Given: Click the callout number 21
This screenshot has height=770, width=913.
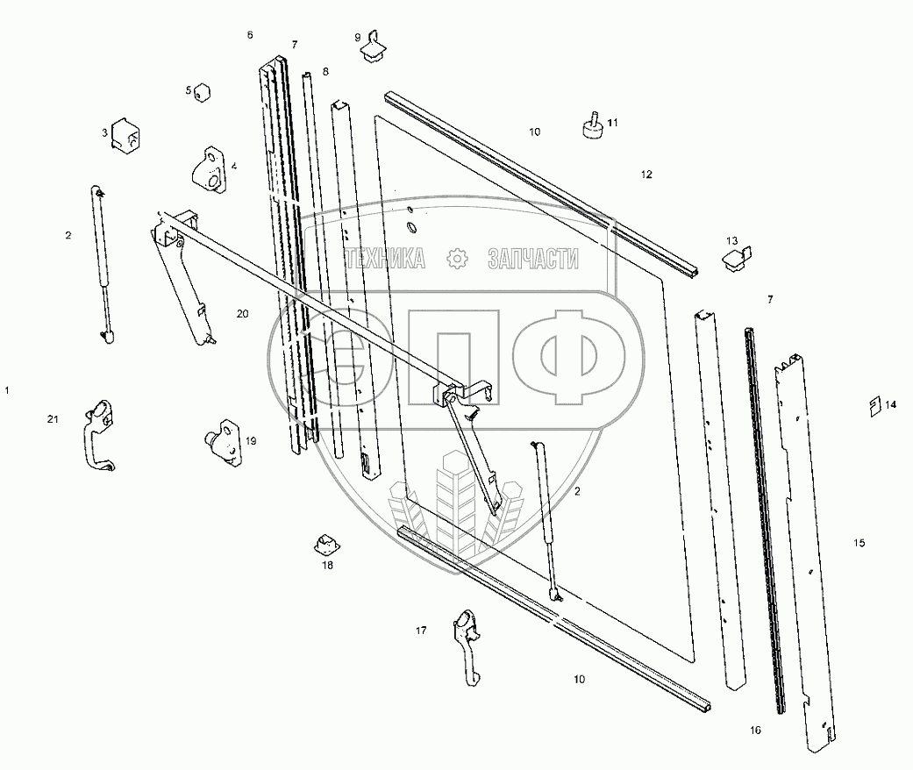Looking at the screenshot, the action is coord(53,421).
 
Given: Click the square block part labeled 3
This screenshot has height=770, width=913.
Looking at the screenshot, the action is coord(127,137).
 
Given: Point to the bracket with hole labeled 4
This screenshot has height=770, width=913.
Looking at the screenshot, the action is coord(209,168).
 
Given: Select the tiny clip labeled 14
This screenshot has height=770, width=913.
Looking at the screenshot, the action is coord(874,404).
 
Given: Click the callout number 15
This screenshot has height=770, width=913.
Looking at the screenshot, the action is coord(859,544).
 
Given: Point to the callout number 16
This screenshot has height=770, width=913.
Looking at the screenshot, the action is coord(756,730).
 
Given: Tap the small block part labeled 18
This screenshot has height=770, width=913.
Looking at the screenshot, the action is coord(327,545).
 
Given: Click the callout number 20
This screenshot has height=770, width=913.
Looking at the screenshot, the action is coord(242,313).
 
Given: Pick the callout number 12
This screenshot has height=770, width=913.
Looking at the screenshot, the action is coord(646,175).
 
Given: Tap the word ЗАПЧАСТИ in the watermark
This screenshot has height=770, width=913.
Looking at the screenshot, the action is coord(531,258).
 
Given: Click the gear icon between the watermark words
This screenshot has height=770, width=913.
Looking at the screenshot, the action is coord(455,258).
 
